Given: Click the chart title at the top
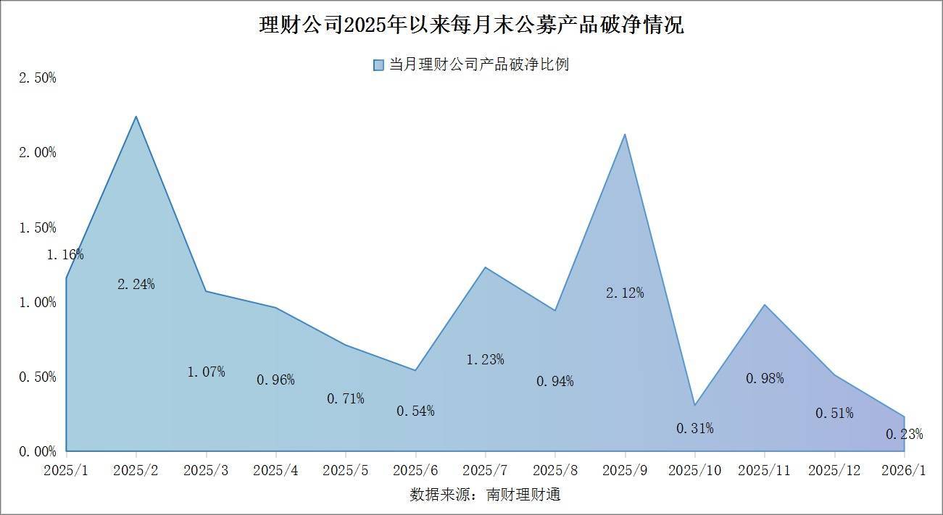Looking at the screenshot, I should pyautogui.click(x=471, y=26).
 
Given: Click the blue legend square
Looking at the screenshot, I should pyautogui.click(x=378, y=65).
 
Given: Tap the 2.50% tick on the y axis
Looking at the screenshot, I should pyautogui.click(x=37, y=78).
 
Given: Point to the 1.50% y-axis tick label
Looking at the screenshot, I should pyautogui.click(x=37, y=227).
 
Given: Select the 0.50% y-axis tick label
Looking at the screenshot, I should pyautogui.click(x=37, y=377).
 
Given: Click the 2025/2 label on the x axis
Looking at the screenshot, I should pyautogui.click(x=136, y=470).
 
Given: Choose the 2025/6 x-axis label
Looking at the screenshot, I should pyautogui.click(x=415, y=470).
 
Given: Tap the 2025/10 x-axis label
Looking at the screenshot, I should pyautogui.click(x=694, y=470).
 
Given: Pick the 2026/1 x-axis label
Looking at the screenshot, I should pyautogui.click(x=904, y=470).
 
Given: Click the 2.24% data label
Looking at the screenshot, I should pyautogui.click(x=136, y=284).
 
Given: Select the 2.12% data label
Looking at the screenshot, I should pyautogui.click(x=625, y=293).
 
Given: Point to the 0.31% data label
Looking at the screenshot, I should pyautogui.click(x=695, y=428).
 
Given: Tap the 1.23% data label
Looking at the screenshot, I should pyautogui.click(x=485, y=359).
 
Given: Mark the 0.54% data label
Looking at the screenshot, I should pyautogui.click(x=415, y=411).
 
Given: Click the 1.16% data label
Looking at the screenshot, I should pyautogui.click(x=65, y=254).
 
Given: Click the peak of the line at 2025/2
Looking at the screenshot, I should pyautogui.click(x=136, y=116).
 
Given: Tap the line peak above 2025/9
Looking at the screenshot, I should pyautogui.click(x=625, y=134).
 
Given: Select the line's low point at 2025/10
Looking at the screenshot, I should pyautogui.click(x=694, y=405).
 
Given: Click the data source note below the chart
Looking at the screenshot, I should pyautogui.click(x=485, y=495).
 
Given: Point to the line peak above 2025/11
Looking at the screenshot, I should pyautogui.click(x=765, y=304).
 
